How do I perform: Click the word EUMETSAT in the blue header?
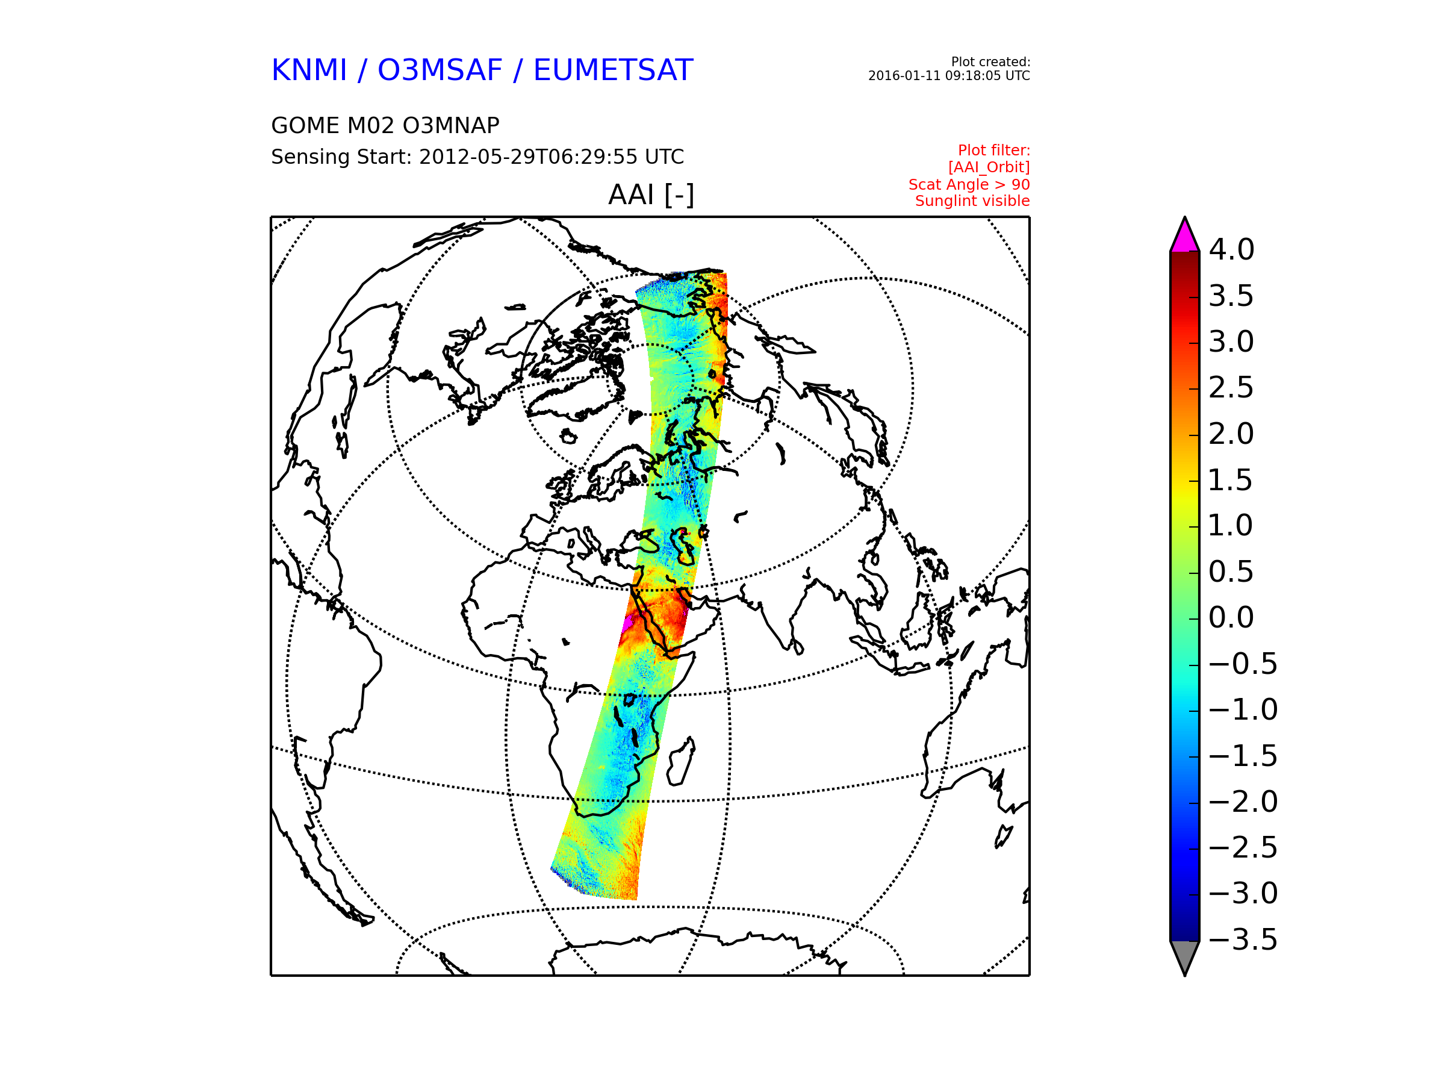(613, 70)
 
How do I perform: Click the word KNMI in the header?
(309, 70)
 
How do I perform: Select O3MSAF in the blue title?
(440, 70)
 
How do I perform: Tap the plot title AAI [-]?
(651, 195)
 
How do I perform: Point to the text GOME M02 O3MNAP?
(385, 125)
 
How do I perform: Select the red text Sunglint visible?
(972, 201)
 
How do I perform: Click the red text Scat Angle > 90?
(969, 184)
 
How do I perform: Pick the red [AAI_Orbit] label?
(989, 167)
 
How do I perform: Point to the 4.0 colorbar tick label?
(1231, 249)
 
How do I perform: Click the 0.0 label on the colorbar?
(1231, 617)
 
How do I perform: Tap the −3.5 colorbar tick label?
(1243, 939)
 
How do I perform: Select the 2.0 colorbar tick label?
(1231, 434)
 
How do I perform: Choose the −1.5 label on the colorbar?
(1243, 756)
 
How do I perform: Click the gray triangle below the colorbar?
(1184, 955)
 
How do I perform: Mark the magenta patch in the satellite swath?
(628, 622)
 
